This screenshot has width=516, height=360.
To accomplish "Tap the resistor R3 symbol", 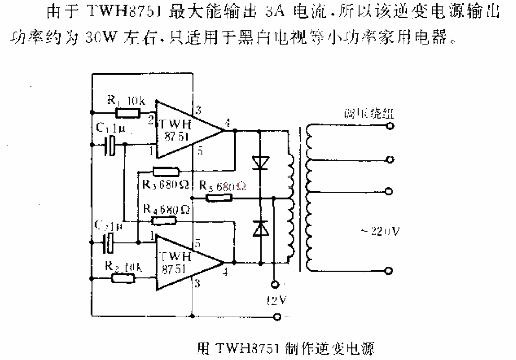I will pyautogui.click(x=166, y=171).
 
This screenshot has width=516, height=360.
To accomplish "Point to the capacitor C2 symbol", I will pyautogui.click(x=109, y=243).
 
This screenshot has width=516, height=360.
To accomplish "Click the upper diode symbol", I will pyautogui.click(x=259, y=162).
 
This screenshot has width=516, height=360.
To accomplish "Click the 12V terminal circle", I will pyautogui.click(x=273, y=285).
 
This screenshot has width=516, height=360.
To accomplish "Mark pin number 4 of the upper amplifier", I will pyautogui.click(x=226, y=123).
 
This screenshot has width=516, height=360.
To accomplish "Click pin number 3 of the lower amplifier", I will pyautogui.click(x=198, y=283).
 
